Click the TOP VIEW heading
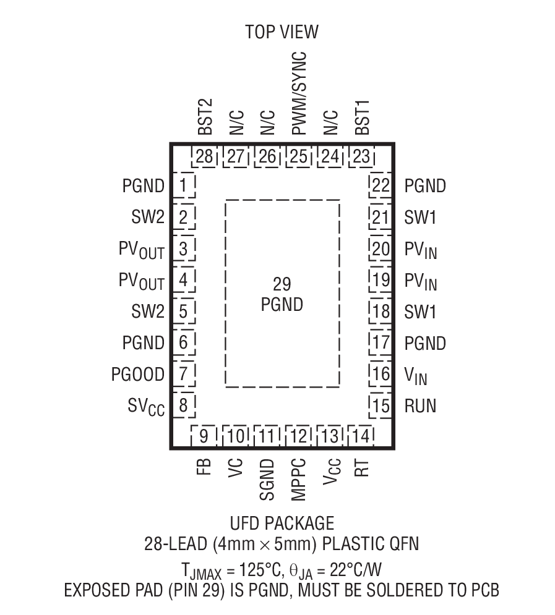click(x=282, y=32)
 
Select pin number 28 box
click(x=205, y=157)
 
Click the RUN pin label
click(x=420, y=406)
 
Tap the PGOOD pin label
click(x=138, y=375)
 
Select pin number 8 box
click(x=183, y=406)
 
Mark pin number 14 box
click(x=362, y=436)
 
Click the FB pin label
click(x=205, y=465)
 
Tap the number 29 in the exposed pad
click(x=282, y=284)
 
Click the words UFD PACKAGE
click(x=282, y=524)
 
